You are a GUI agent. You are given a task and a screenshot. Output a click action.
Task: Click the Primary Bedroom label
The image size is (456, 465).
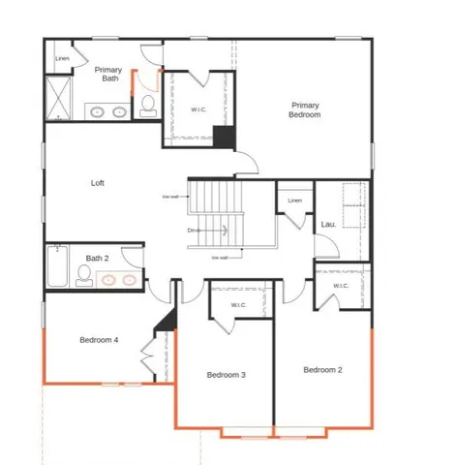[304, 109]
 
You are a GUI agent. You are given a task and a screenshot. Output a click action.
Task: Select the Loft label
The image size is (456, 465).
[97, 182]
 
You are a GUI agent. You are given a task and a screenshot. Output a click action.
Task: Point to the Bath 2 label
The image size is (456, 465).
[96, 258]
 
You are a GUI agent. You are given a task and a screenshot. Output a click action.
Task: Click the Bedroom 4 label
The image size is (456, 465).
[99, 339]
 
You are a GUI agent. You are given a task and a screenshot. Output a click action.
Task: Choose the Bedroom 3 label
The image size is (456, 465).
[225, 374]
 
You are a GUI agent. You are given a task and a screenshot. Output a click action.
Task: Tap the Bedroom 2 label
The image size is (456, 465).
[321, 369]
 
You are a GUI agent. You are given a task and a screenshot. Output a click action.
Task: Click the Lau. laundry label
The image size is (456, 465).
[327, 225]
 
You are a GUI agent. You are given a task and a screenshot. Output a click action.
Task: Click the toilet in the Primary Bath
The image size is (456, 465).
[148, 105]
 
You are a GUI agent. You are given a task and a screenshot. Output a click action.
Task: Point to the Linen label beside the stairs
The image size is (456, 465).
[295, 201]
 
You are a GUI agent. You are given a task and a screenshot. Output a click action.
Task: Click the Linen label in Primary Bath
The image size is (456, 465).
[62, 59]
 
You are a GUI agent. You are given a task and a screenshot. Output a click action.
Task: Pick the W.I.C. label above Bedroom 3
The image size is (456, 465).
[240, 305]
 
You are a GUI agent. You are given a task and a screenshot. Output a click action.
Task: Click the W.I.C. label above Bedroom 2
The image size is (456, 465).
[341, 286]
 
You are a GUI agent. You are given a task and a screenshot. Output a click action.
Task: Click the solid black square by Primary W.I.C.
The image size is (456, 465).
[224, 138]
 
